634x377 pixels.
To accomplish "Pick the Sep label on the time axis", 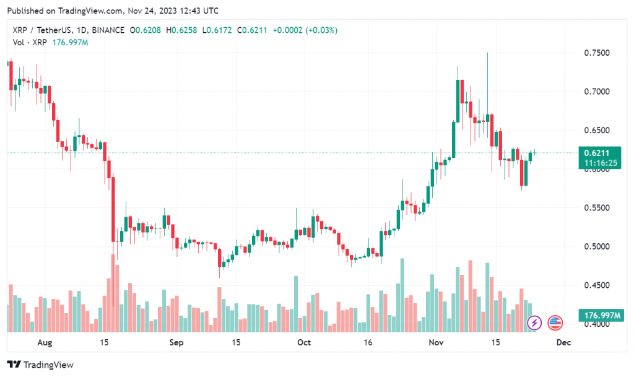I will (176, 342).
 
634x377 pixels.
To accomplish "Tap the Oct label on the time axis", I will (303, 342).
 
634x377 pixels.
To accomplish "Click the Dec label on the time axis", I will (563, 342).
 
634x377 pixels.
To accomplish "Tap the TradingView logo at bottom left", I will (40, 365).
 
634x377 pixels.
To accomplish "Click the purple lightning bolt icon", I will (534, 323).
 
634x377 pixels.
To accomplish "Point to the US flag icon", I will (555, 323).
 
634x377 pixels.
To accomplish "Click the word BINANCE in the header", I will (107, 30).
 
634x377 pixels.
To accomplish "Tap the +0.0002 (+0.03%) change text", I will (305, 30).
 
